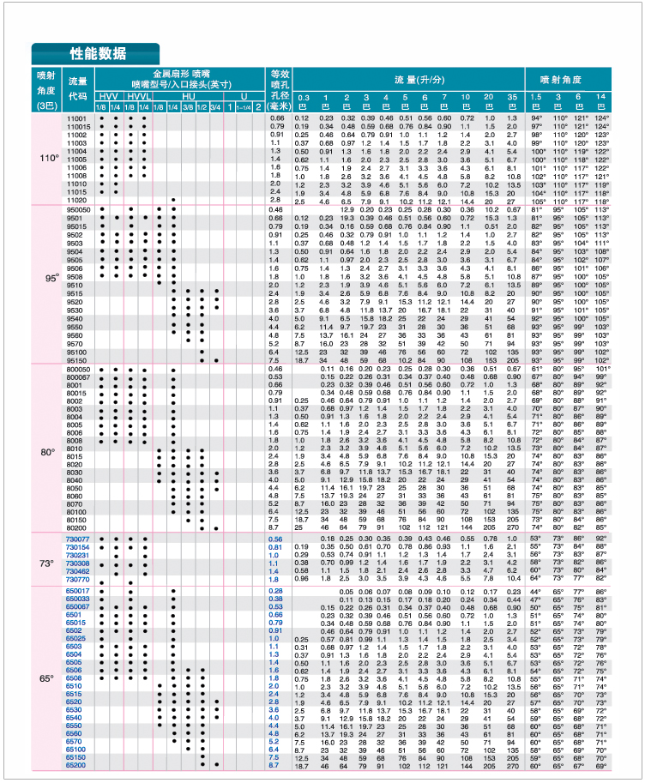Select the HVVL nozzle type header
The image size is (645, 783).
[138, 97]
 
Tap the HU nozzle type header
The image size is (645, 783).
[188, 97]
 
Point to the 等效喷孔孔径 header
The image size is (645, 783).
[278, 90]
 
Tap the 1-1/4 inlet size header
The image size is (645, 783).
[244, 106]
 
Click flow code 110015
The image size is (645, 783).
[77, 126]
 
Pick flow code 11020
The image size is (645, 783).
[77, 201]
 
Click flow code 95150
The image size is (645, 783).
[77, 360]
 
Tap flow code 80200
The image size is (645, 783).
[77, 527]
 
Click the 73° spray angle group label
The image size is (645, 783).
[47, 563]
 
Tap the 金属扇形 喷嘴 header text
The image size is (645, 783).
[181, 74]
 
